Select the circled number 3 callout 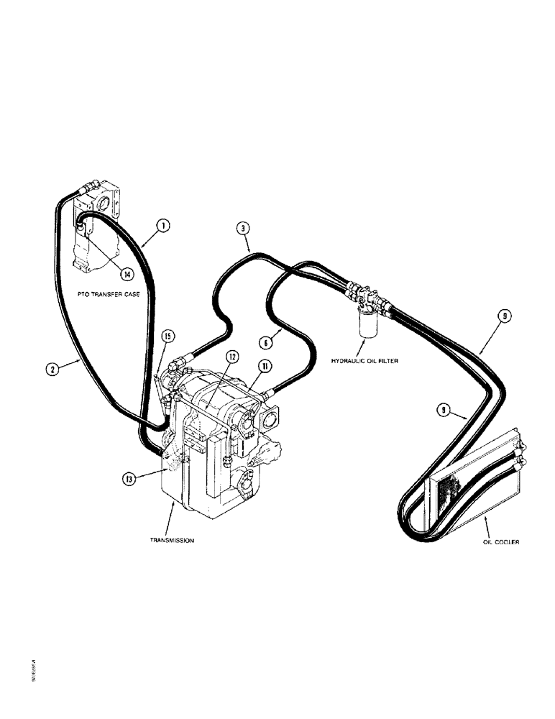(244, 229)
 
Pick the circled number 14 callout (127, 273)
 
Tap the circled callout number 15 (167, 336)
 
